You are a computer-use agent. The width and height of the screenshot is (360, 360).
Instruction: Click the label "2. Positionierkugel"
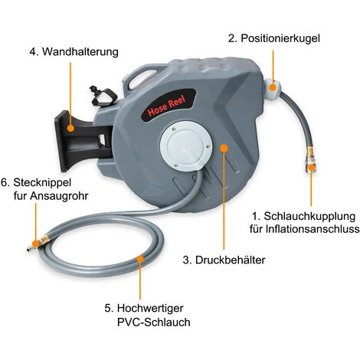[x=273, y=38]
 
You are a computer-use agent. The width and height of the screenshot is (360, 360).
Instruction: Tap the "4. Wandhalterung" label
[x=74, y=52]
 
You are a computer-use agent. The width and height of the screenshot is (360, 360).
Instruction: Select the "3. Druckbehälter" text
[x=224, y=260]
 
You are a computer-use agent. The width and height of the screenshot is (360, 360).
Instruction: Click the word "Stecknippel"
[x=42, y=183]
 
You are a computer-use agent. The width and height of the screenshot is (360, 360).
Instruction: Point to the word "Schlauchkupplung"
[x=309, y=217]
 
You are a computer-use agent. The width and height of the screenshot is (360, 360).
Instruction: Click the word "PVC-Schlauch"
[x=154, y=322]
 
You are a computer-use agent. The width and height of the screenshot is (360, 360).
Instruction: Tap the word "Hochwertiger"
[x=150, y=309]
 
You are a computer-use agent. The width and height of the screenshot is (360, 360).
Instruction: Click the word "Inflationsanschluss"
[x=313, y=229]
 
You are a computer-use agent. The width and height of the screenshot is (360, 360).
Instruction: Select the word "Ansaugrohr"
[x=59, y=196]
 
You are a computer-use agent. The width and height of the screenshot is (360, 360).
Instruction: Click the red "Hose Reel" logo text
[x=167, y=106]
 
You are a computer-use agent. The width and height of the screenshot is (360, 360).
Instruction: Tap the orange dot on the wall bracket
[x=70, y=128]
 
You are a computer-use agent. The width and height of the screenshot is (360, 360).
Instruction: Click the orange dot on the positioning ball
[x=273, y=87]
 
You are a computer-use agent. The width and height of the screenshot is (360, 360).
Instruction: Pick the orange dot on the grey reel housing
[x=224, y=148]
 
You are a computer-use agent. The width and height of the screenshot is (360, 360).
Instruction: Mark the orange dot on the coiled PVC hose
[x=140, y=259]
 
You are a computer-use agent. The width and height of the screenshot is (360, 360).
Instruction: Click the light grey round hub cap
[x=186, y=146]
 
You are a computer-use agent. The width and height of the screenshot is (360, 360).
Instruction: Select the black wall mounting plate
[x=64, y=141]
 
